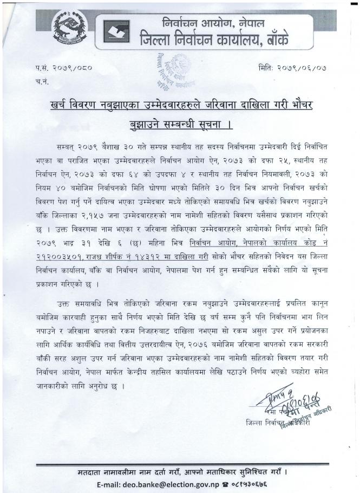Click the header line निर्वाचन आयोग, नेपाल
click(217, 23)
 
